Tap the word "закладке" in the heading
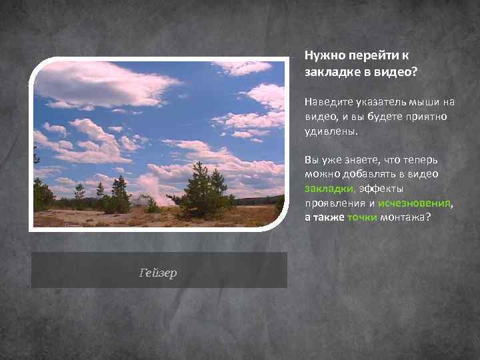[328, 72]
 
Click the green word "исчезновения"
[413, 204]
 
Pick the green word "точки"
[362, 218]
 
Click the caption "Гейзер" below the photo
[159, 273]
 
